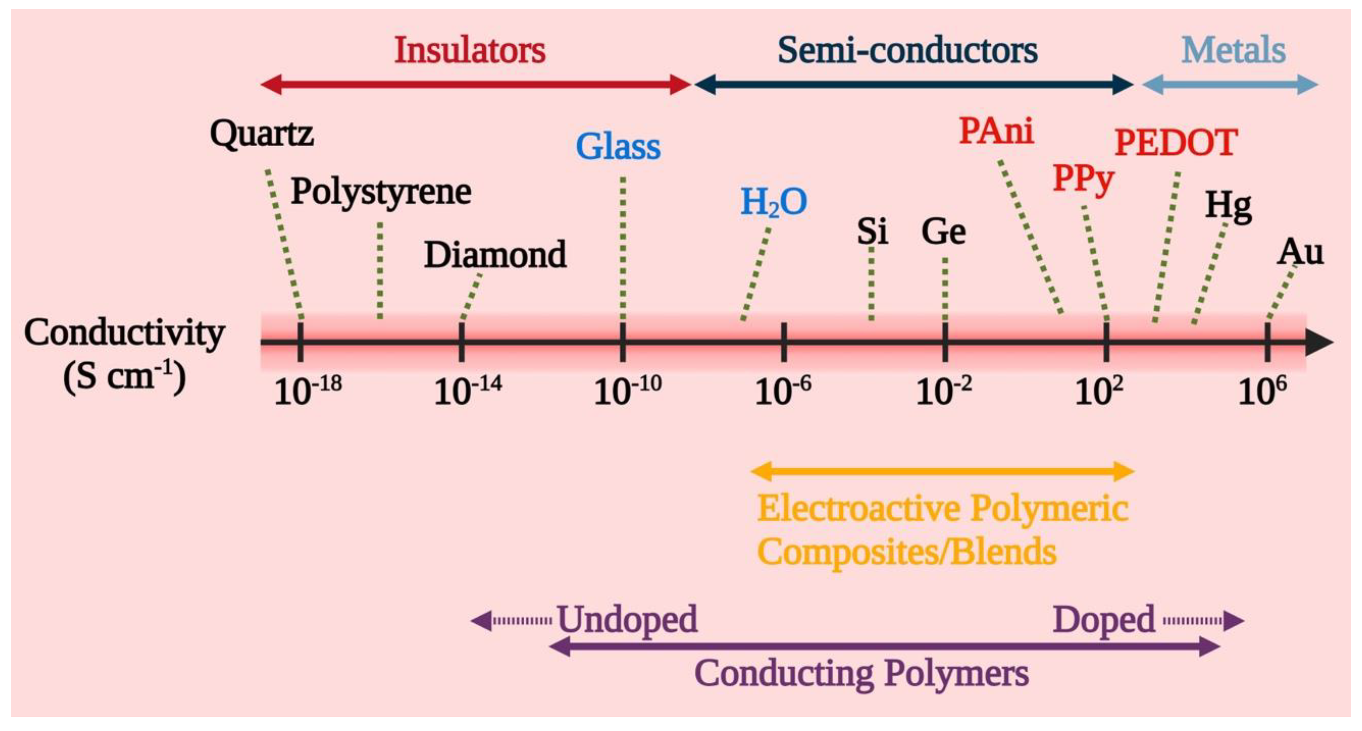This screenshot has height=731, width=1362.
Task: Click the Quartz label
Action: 262,134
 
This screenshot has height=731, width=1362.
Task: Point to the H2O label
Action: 773,202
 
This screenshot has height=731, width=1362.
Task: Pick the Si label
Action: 872,231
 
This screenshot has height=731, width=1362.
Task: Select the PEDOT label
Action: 1175,143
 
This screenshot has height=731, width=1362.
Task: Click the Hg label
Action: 1228,206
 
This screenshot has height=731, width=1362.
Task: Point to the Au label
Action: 1300,253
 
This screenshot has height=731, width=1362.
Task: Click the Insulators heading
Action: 469,51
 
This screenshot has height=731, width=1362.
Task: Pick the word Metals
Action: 1233,51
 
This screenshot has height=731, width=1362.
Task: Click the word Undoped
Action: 627,620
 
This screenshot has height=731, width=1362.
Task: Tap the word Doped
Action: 1104,620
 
